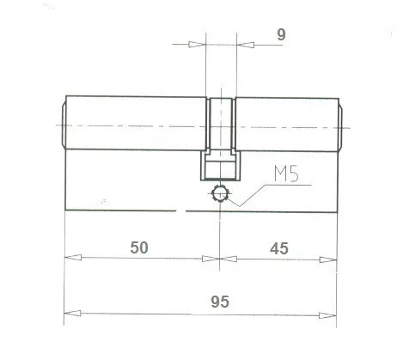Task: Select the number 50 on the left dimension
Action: coord(139,247)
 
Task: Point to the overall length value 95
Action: coord(219,302)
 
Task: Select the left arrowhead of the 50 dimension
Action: coord(72,257)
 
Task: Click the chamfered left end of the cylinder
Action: coord(63,125)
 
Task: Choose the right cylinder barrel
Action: coord(288,125)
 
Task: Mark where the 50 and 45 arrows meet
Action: coord(221,257)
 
